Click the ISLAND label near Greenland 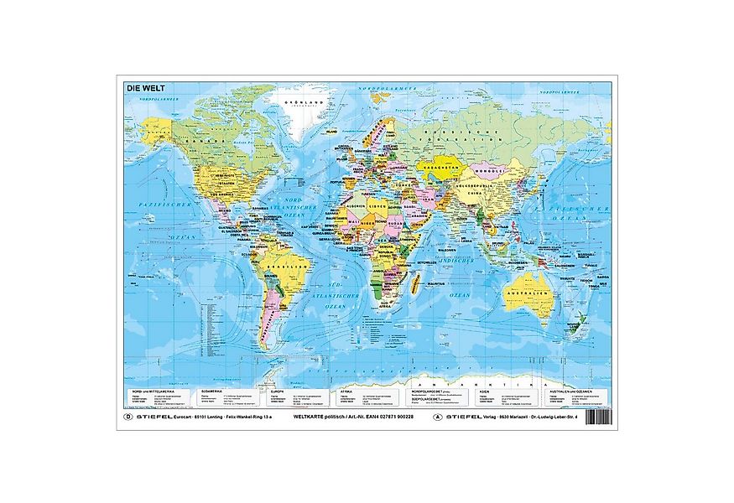click(x=333, y=132)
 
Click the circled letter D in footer click(x=128, y=414)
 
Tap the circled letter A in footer click(x=435, y=415)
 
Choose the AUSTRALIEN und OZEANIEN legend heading click(x=571, y=391)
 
